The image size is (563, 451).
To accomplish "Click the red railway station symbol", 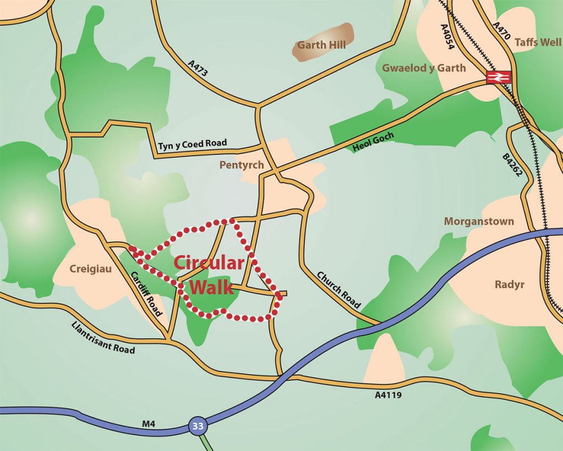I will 499,77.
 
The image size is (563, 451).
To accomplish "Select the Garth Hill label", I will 322,45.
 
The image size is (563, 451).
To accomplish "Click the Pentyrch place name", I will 241,165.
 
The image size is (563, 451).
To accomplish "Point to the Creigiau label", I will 88,269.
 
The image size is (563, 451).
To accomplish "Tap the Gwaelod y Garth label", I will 423,68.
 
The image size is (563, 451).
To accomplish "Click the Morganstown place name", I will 479,221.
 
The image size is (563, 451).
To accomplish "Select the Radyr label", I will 509,285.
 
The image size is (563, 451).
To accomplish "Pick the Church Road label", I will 338,289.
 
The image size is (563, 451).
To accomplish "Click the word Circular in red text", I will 208,263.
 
